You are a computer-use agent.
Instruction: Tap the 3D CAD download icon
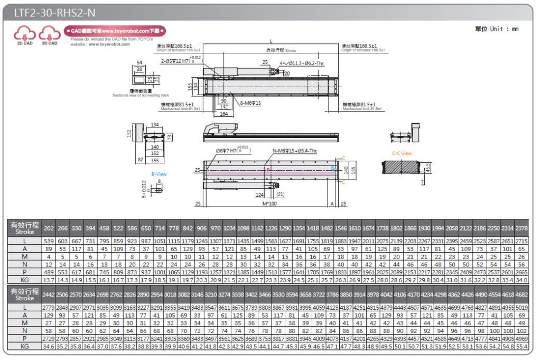[x=49, y=35]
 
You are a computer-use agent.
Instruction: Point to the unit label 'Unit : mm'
[x=497, y=29]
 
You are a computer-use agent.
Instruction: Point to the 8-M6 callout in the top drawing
[x=251, y=103]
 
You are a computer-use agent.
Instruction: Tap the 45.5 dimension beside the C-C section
[x=427, y=168]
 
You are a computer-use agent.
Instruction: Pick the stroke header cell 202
[x=49, y=228]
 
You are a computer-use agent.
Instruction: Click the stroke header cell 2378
[x=521, y=228]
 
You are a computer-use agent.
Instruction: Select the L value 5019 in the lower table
[x=521, y=307]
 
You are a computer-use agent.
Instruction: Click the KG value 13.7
[x=49, y=279]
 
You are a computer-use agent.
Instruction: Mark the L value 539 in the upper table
[x=49, y=241]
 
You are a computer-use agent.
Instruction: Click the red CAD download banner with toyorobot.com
[x=115, y=31]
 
